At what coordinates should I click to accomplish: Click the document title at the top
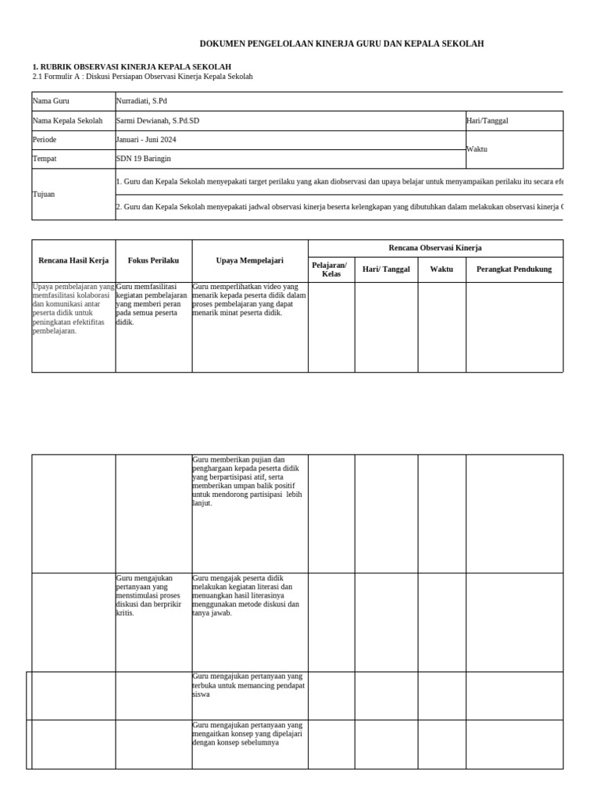[341, 44]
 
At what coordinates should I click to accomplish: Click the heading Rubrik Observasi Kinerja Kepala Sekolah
[131, 67]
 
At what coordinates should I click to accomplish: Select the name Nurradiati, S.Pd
[141, 102]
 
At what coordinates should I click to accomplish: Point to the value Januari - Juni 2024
[146, 140]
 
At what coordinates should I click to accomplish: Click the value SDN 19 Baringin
[143, 159]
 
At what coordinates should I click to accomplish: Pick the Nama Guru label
[51, 102]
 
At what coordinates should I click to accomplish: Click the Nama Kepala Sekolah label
[67, 121]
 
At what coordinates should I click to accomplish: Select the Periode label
[45, 140]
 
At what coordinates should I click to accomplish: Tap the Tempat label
[45, 159]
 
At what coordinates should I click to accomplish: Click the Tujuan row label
[44, 194]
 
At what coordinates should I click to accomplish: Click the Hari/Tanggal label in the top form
[487, 121]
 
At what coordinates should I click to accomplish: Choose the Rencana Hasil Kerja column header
[73, 260]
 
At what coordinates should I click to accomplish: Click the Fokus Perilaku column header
[154, 260]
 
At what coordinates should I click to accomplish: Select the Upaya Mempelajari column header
[250, 260]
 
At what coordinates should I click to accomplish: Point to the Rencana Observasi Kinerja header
[435, 248]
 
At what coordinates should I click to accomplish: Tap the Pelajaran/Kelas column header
[331, 270]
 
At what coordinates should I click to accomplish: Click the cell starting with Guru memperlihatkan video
[249, 300]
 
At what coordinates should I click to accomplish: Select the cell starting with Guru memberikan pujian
[247, 481]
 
